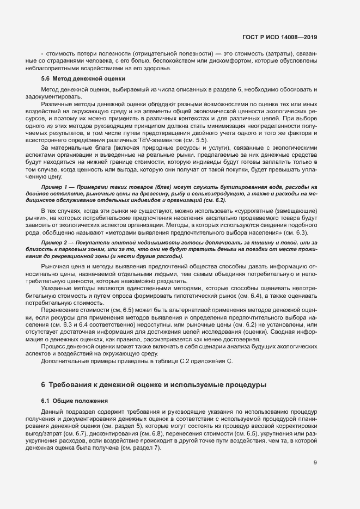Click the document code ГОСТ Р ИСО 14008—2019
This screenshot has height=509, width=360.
[x=279, y=37]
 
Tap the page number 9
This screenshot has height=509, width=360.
[x=315, y=463]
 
